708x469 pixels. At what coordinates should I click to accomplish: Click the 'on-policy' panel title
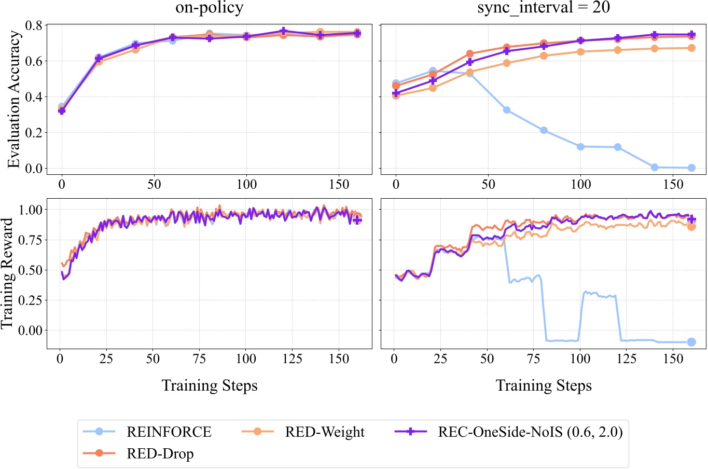coord(209,8)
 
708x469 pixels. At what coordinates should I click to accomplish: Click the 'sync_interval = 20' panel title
coord(543,8)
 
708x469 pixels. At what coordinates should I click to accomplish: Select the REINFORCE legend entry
coord(169,432)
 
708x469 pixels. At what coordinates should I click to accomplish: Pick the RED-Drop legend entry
coord(160,453)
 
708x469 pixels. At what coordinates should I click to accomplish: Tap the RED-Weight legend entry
coord(325,432)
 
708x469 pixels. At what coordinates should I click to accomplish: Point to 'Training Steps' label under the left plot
coord(209,385)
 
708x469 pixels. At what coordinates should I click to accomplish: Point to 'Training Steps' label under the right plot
coord(543,385)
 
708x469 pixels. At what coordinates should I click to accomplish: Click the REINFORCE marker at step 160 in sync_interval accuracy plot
coord(691,168)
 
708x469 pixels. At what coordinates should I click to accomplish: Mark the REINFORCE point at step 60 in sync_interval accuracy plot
coord(507,110)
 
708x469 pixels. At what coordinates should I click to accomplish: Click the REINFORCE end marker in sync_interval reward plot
coord(691,342)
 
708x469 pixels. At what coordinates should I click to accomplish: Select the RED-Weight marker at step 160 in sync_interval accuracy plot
coord(691,48)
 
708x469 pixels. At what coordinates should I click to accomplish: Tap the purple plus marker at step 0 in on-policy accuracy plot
coord(62,111)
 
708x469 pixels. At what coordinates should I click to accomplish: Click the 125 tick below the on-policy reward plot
coord(292,359)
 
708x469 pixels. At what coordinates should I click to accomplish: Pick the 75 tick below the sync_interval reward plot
coord(534,359)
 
